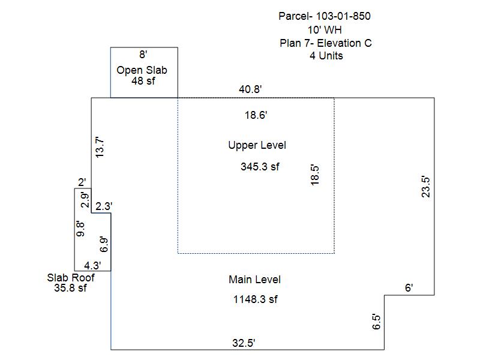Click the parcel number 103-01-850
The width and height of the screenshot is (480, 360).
[343, 16]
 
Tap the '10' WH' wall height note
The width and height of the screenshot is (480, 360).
[325, 30]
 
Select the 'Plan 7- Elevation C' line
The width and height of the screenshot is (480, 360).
[325, 43]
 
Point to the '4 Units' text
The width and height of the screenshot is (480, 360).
[326, 56]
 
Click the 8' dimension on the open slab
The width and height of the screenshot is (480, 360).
[143, 55]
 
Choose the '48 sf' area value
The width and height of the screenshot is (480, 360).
[143, 81]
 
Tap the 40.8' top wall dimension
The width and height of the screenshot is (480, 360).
[250, 89]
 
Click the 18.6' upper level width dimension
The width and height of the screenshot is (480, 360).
[256, 115]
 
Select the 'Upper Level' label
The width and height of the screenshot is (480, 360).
[257, 145]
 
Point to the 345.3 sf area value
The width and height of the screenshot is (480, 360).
[260, 167]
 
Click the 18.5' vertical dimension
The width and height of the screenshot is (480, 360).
[314, 175]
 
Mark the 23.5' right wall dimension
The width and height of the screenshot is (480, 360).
[426, 187]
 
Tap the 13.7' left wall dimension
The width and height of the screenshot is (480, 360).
[100, 147]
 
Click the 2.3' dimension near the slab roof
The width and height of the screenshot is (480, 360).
[103, 206]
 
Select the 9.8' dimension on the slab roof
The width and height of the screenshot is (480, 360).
[80, 229]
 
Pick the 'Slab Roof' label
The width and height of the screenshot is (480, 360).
[71, 278]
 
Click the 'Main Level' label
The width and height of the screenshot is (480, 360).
[254, 280]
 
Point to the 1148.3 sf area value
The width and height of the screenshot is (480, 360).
[256, 299]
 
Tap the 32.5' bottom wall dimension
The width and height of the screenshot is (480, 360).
[244, 343]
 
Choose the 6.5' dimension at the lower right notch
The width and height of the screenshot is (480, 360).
[376, 322]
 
